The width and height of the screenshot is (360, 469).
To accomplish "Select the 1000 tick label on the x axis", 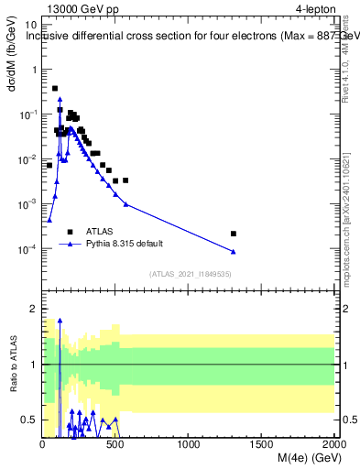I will (x=189, y=445).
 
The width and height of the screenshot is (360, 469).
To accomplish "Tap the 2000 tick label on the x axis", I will (x=333, y=445).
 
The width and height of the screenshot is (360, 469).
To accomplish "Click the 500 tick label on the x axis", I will (x=115, y=445).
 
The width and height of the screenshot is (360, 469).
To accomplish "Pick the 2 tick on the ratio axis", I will (x=33, y=310).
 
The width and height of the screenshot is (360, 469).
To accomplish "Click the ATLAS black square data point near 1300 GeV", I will (x=234, y=234).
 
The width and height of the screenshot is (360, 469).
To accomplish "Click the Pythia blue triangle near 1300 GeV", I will (x=234, y=251).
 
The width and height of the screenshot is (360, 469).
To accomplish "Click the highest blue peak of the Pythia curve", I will (x=60, y=98).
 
